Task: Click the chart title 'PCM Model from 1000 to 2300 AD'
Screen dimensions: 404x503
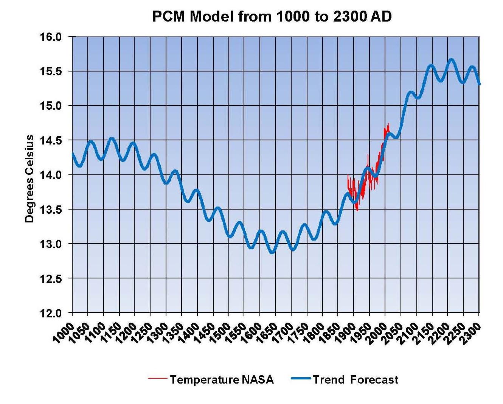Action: pyautogui.click(x=272, y=16)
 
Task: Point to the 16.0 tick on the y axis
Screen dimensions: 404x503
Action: pyautogui.click(x=50, y=37)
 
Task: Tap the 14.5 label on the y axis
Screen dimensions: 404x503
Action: pyautogui.click(x=50, y=141)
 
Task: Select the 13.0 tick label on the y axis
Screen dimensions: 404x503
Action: pyautogui.click(x=50, y=244)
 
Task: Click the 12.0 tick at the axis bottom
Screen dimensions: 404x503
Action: pyautogui.click(x=50, y=313)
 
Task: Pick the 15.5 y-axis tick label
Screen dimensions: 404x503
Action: pyautogui.click(x=50, y=71)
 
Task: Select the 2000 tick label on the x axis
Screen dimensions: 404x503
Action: pyautogui.click(x=377, y=333)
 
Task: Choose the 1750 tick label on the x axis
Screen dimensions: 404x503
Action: pyautogui.click(x=298, y=333)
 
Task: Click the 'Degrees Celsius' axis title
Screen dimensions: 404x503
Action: pyautogui.click(x=29, y=179)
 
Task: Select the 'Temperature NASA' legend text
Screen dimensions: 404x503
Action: pyautogui.click(x=222, y=379)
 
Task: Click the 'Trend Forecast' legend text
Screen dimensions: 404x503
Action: pyautogui.click(x=356, y=379)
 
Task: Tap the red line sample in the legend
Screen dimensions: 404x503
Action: pyautogui.click(x=157, y=378)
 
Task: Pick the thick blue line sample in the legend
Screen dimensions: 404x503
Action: pyautogui.click(x=301, y=378)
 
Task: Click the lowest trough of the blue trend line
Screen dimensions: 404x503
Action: pyautogui.click(x=272, y=252)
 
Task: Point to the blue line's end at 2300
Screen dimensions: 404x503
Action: pyautogui.click(x=479, y=84)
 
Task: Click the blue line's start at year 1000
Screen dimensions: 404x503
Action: pyautogui.click(x=72, y=153)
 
